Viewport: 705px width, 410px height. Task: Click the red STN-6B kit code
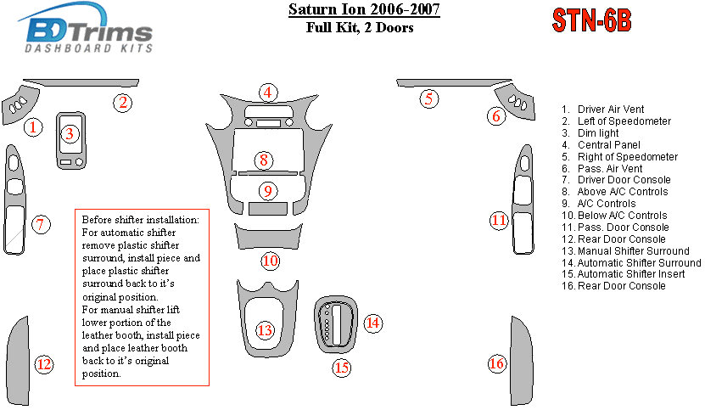[591, 20]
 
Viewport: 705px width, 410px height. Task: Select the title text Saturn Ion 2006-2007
[364, 9]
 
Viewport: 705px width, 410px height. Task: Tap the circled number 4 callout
[268, 93]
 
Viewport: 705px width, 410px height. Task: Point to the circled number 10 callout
[271, 261]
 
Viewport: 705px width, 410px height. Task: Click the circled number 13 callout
[265, 330]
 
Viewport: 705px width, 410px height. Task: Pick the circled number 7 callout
[41, 224]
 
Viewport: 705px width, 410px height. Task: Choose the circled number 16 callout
[497, 363]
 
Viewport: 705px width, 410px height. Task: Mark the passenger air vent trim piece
[515, 103]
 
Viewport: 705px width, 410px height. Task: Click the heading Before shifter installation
[140, 220]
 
